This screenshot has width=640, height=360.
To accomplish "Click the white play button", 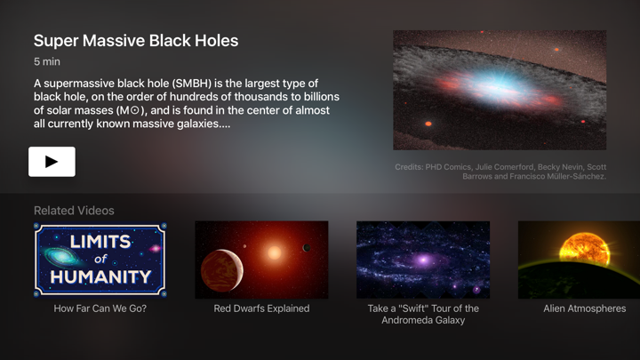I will pyautogui.click(x=52, y=162).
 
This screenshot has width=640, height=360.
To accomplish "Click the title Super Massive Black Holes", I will pyautogui.click(x=136, y=41).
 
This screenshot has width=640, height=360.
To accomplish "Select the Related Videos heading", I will pyautogui.click(x=74, y=211).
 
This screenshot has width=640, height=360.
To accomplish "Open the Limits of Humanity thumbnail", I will pyautogui.click(x=100, y=260).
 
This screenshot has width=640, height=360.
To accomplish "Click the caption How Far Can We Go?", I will pyautogui.click(x=100, y=308).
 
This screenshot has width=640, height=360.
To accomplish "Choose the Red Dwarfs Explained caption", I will pyautogui.click(x=261, y=308).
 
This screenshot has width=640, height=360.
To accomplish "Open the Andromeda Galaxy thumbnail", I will pyautogui.click(x=423, y=260).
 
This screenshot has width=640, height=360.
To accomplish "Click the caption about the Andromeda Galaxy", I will pyautogui.click(x=423, y=315).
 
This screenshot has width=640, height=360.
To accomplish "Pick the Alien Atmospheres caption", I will pyautogui.click(x=584, y=308).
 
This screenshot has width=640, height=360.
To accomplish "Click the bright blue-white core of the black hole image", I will pyautogui.click(x=492, y=86).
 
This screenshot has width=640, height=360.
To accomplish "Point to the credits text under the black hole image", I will pyautogui.click(x=500, y=172).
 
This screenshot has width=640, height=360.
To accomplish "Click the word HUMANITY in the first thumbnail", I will pyautogui.click(x=100, y=276).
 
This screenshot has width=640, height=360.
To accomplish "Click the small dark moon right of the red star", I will pyautogui.click(x=307, y=248).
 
